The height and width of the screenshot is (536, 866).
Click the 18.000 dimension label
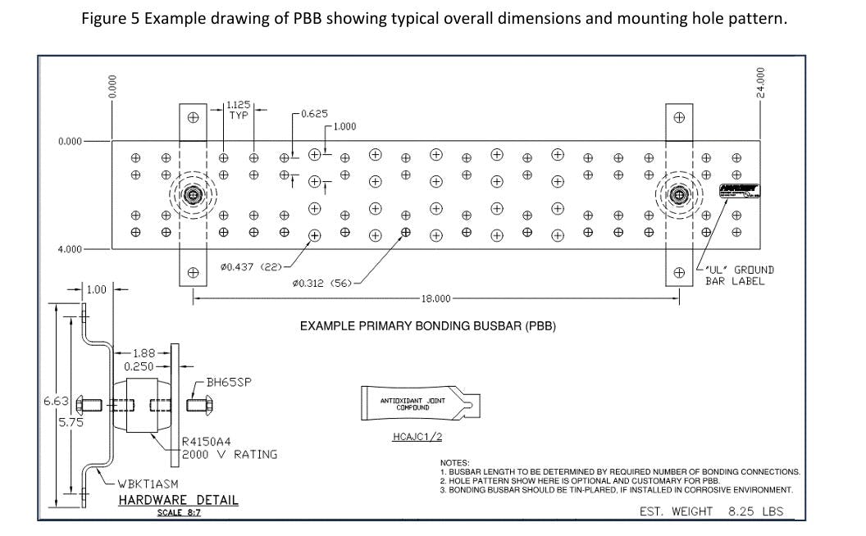435,298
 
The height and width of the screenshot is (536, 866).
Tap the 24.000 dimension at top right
760,83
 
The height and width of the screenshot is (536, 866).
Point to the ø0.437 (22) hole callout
252,266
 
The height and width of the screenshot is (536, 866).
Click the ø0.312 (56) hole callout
321,282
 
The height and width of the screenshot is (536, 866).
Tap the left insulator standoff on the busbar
193,195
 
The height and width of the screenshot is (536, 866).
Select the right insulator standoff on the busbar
678,195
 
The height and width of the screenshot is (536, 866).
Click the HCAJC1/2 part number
418,436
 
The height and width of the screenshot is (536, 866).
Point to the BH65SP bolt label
229,382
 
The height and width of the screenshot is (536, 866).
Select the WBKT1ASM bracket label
145,484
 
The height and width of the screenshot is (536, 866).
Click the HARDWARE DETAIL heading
178,500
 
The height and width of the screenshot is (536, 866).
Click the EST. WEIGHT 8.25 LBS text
711,511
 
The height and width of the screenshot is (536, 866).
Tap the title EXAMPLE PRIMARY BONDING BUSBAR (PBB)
428,326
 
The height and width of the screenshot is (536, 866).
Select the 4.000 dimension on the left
70,249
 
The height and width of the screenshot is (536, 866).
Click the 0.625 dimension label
314,113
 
